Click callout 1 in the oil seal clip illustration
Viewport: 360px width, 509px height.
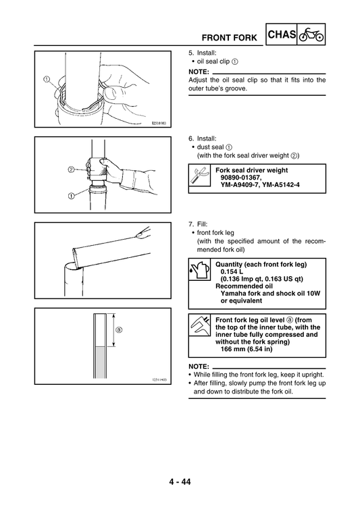[47, 78]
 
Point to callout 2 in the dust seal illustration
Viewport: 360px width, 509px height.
[71, 169]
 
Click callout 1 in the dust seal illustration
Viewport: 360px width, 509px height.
[71, 196]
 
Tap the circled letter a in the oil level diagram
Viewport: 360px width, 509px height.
[119, 330]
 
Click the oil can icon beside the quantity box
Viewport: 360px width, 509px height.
[197, 271]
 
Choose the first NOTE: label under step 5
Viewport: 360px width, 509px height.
[199, 71]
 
